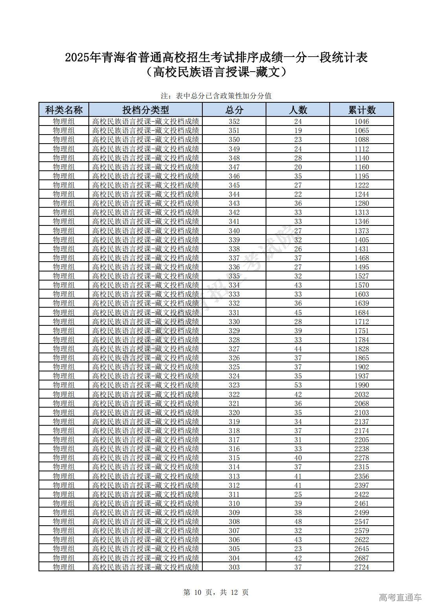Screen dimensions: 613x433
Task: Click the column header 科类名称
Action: [x=64, y=110]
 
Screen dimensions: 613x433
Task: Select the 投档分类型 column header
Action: [x=145, y=110]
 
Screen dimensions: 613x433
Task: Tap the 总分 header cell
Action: [x=234, y=110]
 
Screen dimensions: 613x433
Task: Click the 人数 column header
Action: [x=298, y=110]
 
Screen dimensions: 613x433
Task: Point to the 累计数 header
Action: [x=361, y=110]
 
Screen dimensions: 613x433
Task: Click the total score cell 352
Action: [x=234, y=121]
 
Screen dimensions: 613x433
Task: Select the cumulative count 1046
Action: [x=361, y=121]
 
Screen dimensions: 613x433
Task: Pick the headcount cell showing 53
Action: [x=298, y=385]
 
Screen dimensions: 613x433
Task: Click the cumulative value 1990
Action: [x=361, y=385]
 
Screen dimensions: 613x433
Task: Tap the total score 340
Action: [x=234, y=231]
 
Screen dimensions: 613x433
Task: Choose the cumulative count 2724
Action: [x=361, y=567]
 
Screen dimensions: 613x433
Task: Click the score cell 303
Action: [x=234, y=567]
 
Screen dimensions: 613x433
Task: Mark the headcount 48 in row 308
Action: [x=298, y=522]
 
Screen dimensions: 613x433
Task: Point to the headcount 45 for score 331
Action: [x=298, y=312]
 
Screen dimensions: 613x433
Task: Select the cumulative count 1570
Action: [x=361, y=285]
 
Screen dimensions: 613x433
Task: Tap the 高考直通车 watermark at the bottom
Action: [x=400, y=597]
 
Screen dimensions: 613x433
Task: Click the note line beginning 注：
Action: [x=216, y=96]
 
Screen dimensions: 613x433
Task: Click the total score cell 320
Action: [x=234, y=412]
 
